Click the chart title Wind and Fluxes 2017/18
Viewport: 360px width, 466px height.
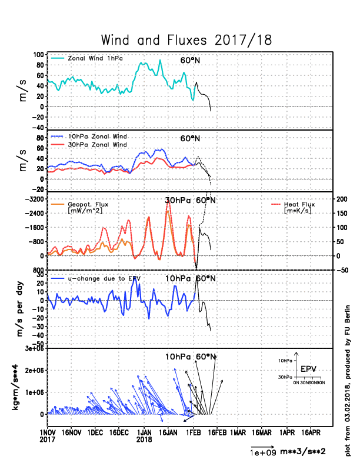(x=186, y=40)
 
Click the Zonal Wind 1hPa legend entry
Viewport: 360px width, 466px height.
(x=94, y=58)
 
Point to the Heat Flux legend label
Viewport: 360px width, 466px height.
(x=302, y=204)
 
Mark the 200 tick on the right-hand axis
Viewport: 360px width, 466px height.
(x=344, y=199)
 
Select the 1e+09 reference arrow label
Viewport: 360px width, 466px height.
(x=261, y=452)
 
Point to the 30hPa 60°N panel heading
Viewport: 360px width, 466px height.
(x=191, y=200)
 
